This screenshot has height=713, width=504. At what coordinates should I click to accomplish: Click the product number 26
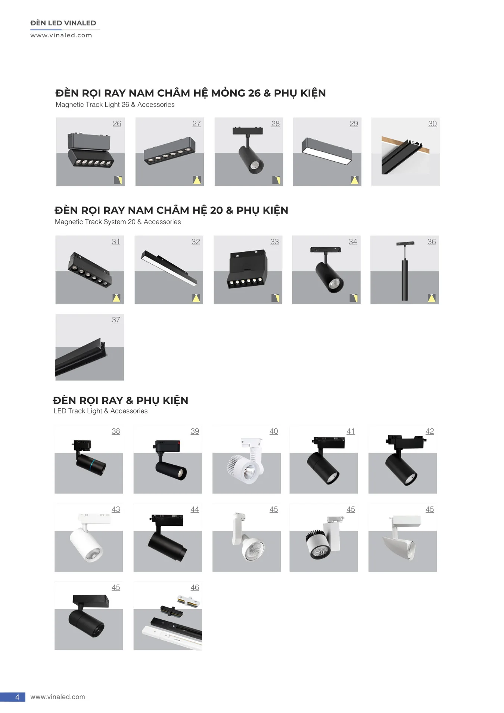click(x=117, y=124)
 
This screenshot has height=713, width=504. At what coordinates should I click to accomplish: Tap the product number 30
click(x=432, y=124)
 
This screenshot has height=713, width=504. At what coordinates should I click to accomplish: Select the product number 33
click(x=274, y=242)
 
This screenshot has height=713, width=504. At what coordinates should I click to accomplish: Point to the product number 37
click(x=116, y=320)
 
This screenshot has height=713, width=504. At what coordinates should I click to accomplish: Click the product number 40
click(x=274, y=431)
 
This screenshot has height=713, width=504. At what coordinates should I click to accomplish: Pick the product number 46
click(x=195, y=588)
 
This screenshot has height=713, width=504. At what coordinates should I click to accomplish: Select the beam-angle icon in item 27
click(x=197, y=180)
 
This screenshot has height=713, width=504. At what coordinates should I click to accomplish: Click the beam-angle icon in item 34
click(x=354, y=298)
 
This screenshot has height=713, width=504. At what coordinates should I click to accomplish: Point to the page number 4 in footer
click(x=17, y=697)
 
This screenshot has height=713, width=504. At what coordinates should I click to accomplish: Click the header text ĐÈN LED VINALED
click(x=63, y=23)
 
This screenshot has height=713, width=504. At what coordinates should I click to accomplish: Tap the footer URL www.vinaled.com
click(x=57, y=697)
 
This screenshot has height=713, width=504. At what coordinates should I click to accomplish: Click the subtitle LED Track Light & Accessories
click(x=100, y=411)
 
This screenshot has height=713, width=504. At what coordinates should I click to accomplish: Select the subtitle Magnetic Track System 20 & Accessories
click(x=118, y=222)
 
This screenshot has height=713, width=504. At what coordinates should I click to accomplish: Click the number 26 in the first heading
click(x=254, y=93)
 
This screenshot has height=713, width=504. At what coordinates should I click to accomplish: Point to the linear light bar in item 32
click(x=169, y=267)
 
